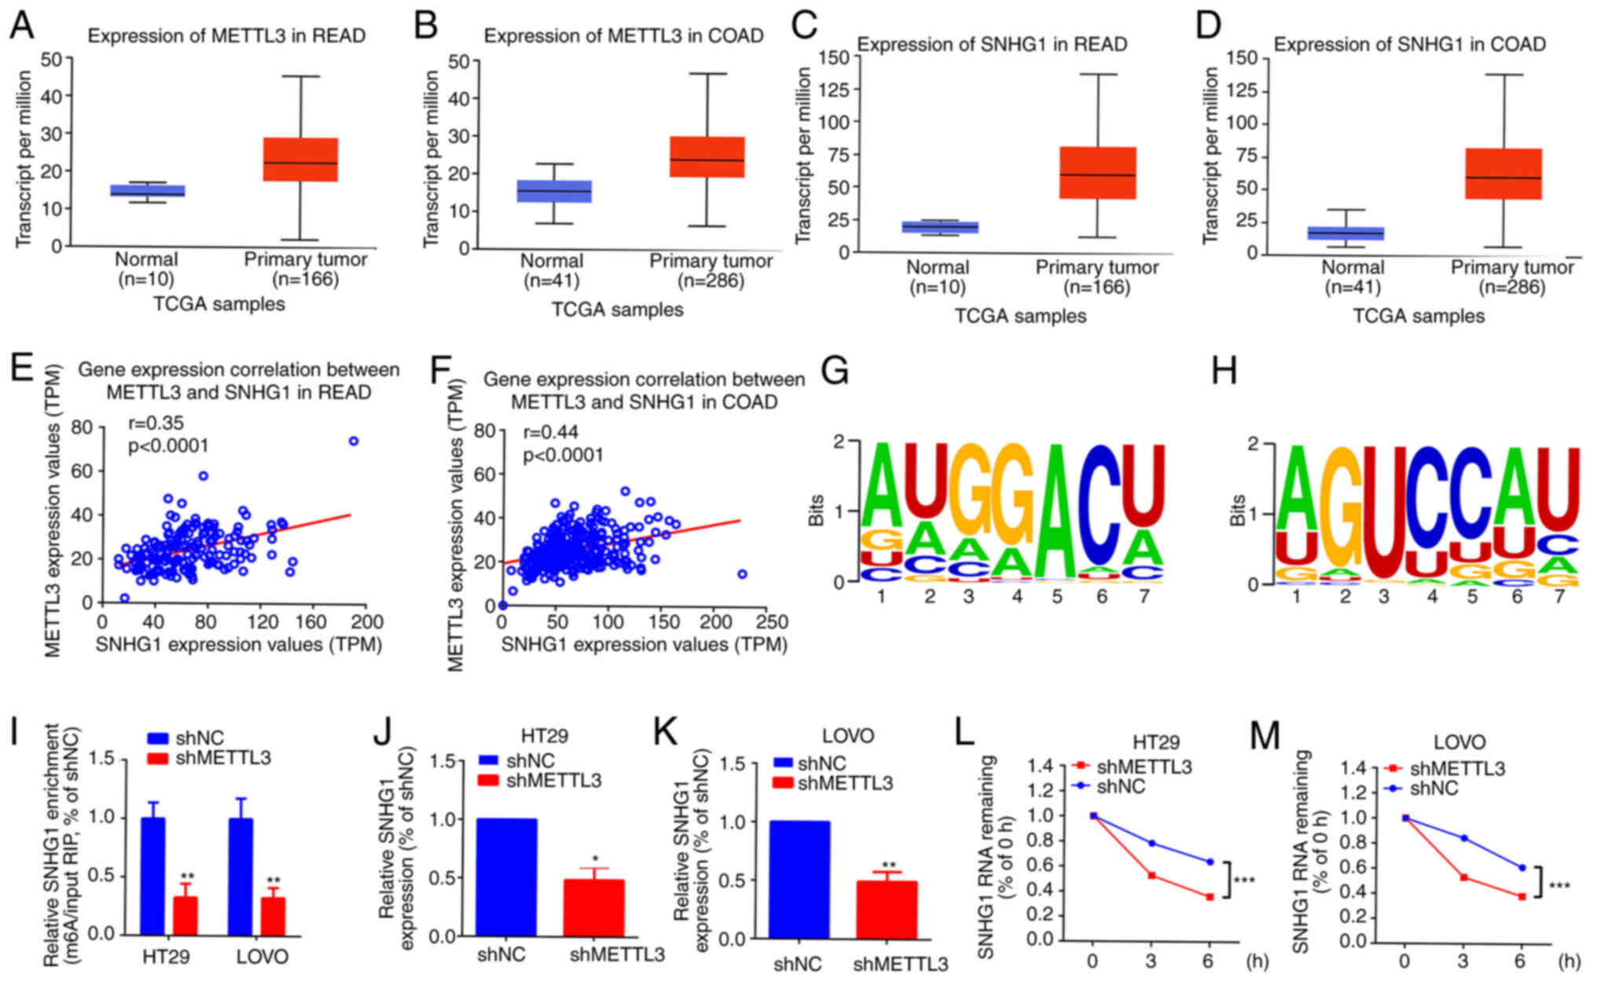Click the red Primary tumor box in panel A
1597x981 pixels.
pyautogui.click(x=300, y=159)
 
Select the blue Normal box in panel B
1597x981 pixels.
pyautogui.click(x=553, y=192)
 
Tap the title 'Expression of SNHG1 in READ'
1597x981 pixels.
pyautogui.click(x=992, y=45)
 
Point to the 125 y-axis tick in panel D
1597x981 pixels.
pyautogui.click(x=1240, y=90)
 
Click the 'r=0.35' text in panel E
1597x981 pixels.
pyautogui.click(x=156, y=424)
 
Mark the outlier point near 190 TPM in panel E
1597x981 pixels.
pyautogui.click(x=354, y=441)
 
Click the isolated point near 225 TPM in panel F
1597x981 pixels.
pyautogui.click(x=742, y=574)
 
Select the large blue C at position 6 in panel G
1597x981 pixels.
pyautogui.click(x=1101, y=503)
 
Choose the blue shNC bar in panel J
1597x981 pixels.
pyautogui.click(x=507, y=877)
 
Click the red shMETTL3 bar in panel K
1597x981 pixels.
pyautogui.click(x=887, y=910)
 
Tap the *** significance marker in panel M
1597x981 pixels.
pyautogui.click(x=1559, y=887)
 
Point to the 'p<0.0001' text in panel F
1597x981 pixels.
pyautogui.click(x=563, y=456)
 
